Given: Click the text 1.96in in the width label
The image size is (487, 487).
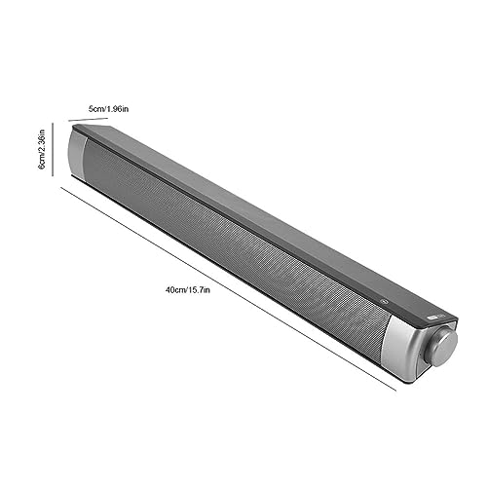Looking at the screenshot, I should (125, 109).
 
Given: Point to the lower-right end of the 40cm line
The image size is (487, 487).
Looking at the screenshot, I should (395, 391).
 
